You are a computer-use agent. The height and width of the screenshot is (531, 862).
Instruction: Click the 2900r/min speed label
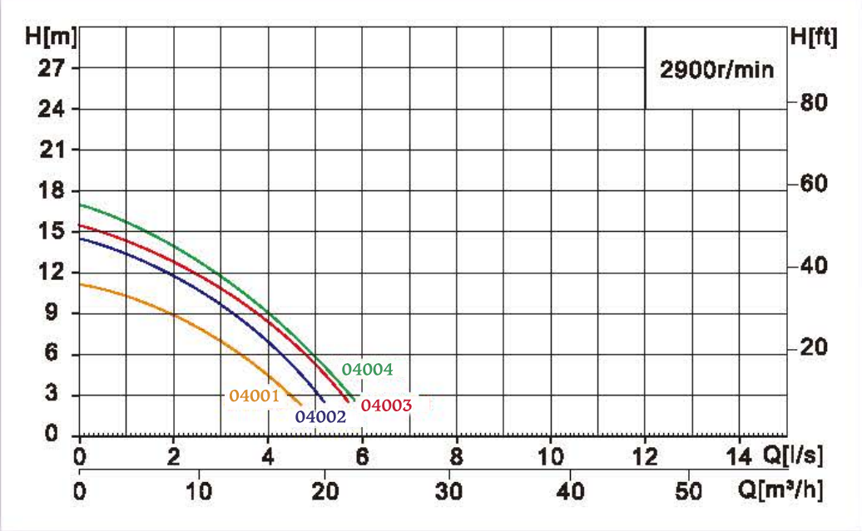pyautogui.click(x=716, y=69)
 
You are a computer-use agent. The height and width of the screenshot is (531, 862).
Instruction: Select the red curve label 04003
pyautogui.click(x=386, y=406)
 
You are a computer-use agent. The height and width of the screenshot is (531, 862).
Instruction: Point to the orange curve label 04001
pyautogui.click(x=254, y=396)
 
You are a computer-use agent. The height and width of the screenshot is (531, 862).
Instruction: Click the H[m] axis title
pyautogui.click(x=52, y=37)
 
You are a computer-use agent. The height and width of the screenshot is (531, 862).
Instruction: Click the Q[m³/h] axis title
pyautogui.click(x=782, y=490)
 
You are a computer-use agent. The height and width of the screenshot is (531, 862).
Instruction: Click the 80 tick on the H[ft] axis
pyautogui.click(x=814, y=103)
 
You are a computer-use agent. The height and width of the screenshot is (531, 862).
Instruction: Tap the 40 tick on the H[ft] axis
pyautogui.click(x=814, y=267)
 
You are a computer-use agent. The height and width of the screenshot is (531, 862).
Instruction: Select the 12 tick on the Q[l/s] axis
pyautogui.click(x=646, y=458)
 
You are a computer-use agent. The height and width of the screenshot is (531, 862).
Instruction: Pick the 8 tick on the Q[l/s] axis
pyautogui.click(x=456, y=458)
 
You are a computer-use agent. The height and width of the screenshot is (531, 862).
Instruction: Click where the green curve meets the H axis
pyautogui.click(x=80, y=204)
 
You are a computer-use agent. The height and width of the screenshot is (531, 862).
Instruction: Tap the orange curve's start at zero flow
pyautogui.click(x=80, y=284)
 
